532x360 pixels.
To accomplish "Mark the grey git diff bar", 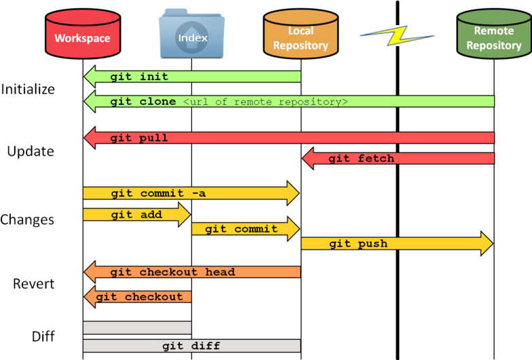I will point(191,346).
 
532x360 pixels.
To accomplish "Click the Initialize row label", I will point(28,89).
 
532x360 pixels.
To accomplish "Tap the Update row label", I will point(31,151).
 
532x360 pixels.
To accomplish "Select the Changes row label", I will point(27,220).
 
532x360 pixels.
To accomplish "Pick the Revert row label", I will point(33,283).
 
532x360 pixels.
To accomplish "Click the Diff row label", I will point(43,336).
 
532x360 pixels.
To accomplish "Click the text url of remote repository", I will point(265,102).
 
